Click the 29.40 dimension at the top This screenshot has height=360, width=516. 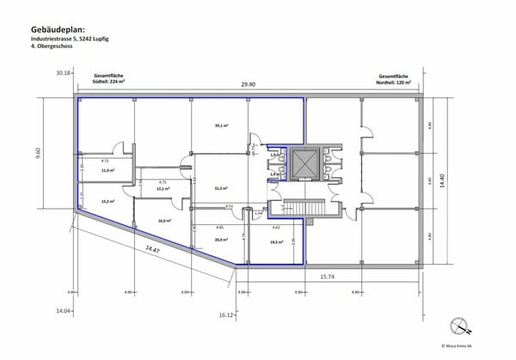tap(248, 83)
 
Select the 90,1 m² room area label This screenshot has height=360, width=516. tap(221, 125)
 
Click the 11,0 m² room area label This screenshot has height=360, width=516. tap(107, 170)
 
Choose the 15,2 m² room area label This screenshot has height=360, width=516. tap(107, 201)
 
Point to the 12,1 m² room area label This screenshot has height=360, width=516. tap(163, 190)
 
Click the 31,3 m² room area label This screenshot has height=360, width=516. tap(220, 189)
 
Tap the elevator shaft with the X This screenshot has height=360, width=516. tap(304, 162)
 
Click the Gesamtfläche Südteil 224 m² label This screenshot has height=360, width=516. tap(108, 79)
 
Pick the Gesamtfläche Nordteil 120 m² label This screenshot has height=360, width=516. tap(394, 79)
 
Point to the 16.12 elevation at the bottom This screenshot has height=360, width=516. tap(226, 315)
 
